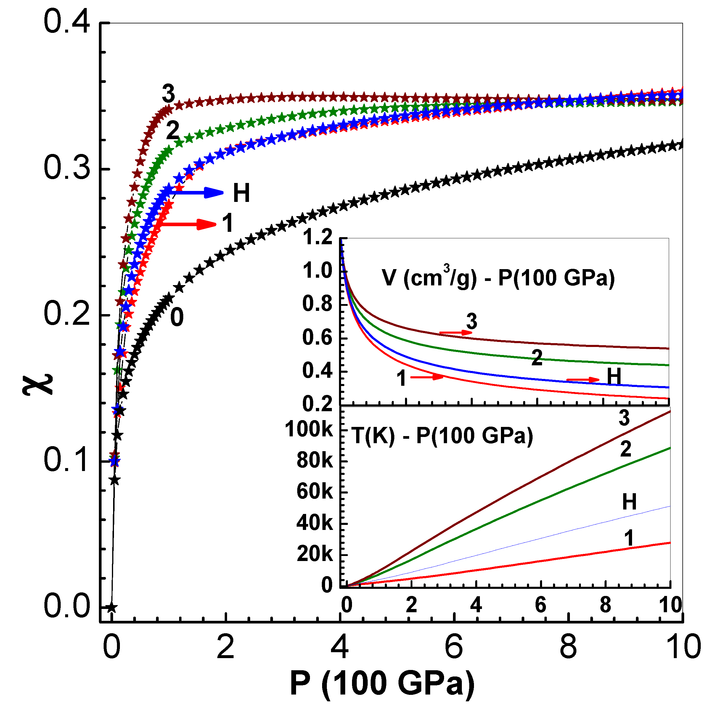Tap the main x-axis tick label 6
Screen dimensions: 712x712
point(454,647)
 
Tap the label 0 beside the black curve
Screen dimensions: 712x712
point(177,317)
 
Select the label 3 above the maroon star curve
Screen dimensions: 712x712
point(168,94)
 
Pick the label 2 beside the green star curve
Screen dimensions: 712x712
point(173,131)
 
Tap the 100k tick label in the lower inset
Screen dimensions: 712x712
point(309,429)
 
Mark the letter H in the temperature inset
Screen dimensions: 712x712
point(629,502)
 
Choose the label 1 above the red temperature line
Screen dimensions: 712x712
point(629,538)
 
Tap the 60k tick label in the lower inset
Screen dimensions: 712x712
point(314,492)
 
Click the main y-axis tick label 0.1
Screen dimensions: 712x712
point(66,460)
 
